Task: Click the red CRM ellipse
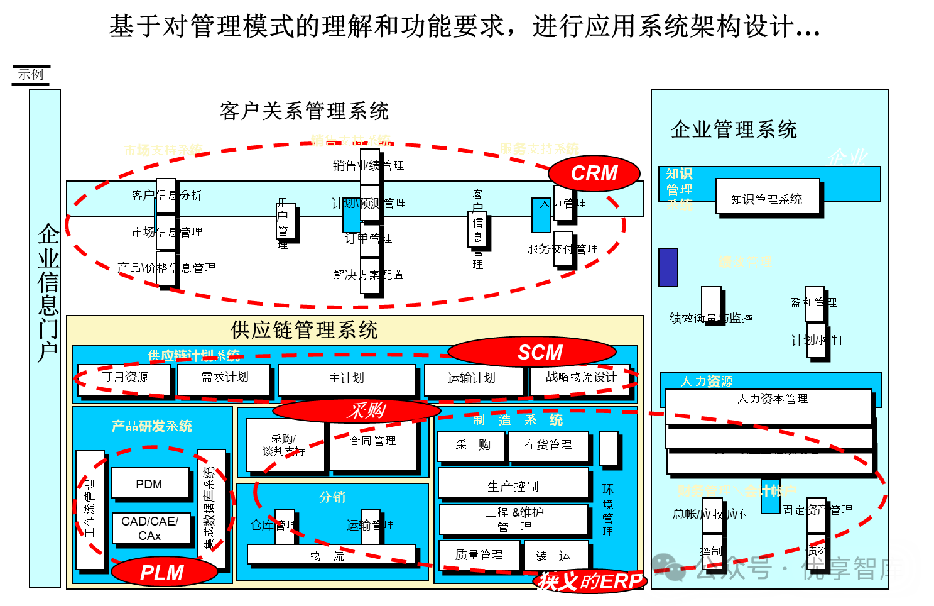(594, 174)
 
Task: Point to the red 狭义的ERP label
(590, 581)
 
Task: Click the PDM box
(150, 483)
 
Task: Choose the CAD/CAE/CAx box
(151, 528)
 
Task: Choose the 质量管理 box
(479, 555)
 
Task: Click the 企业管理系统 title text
(734, 129)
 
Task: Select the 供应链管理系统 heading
(304, 330)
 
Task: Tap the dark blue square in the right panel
(668, 267)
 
